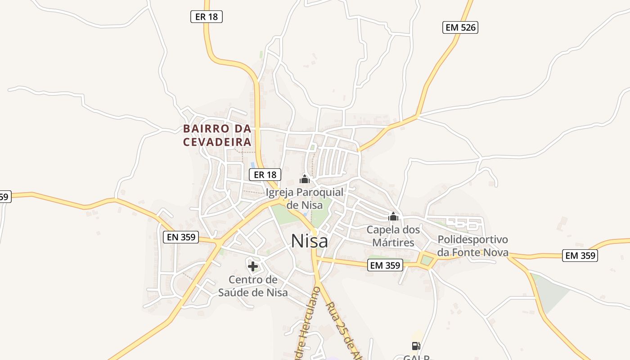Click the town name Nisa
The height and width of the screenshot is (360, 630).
310,241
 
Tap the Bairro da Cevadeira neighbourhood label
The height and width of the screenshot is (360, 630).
217,135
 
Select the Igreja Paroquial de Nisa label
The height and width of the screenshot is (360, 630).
305,198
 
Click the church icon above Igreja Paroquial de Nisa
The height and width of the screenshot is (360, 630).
305,180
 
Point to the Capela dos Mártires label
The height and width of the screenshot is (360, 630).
393,236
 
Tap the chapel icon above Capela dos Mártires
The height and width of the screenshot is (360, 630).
393,217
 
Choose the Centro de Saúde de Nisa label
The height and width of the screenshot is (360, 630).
253,286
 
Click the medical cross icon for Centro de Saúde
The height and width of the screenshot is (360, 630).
253,266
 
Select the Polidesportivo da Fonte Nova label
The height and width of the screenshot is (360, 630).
472,246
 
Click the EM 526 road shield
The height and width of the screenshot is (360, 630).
459,27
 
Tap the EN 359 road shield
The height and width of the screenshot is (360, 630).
181,237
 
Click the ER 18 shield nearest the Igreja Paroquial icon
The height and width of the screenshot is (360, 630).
265,175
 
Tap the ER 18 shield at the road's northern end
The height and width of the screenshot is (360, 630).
207,17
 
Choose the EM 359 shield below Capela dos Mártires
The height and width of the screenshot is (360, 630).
385,265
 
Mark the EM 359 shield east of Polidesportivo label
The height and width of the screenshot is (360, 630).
580,256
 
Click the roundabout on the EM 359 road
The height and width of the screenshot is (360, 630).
426,260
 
